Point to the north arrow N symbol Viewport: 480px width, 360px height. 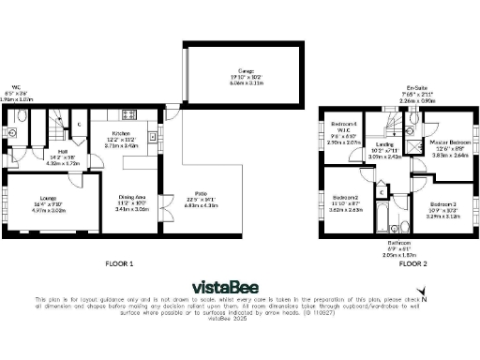tap(424, 301)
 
